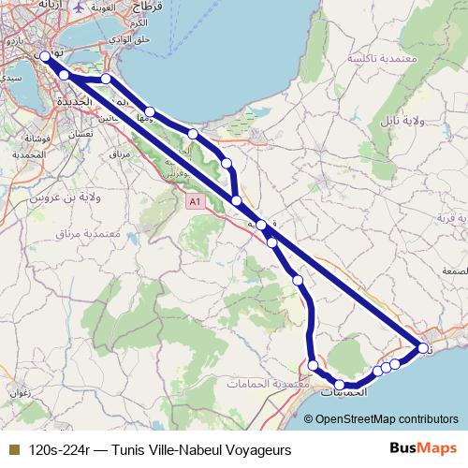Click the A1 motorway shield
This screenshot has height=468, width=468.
point(194,201)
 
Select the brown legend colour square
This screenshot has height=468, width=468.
point(12,449)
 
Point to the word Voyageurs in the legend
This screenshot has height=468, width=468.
point(256,449)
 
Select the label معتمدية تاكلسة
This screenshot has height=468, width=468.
point(384,57)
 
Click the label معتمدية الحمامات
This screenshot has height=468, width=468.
point(268,384)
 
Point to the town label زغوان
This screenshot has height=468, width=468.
point(18,393)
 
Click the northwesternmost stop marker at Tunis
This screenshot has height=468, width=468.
point(44,57)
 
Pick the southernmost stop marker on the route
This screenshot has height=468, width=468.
point(341,385)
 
